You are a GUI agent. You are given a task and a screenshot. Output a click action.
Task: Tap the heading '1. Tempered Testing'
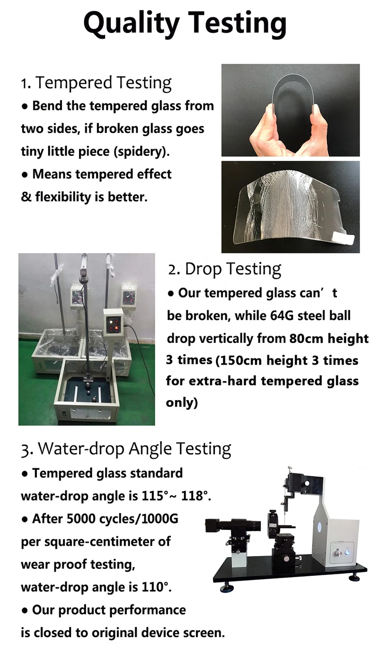[96, 83]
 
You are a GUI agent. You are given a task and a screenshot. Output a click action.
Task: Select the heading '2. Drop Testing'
[224, 269]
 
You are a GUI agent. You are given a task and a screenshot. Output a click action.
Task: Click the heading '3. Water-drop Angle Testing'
[126, 449]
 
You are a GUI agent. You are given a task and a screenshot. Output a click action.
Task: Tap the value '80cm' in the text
[306, 339]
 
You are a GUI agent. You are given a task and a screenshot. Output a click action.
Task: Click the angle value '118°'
[196, 496]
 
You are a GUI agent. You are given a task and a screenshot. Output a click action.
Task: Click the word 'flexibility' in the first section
[63, 197]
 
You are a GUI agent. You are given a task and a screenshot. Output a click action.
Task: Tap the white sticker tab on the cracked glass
[344, 238]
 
